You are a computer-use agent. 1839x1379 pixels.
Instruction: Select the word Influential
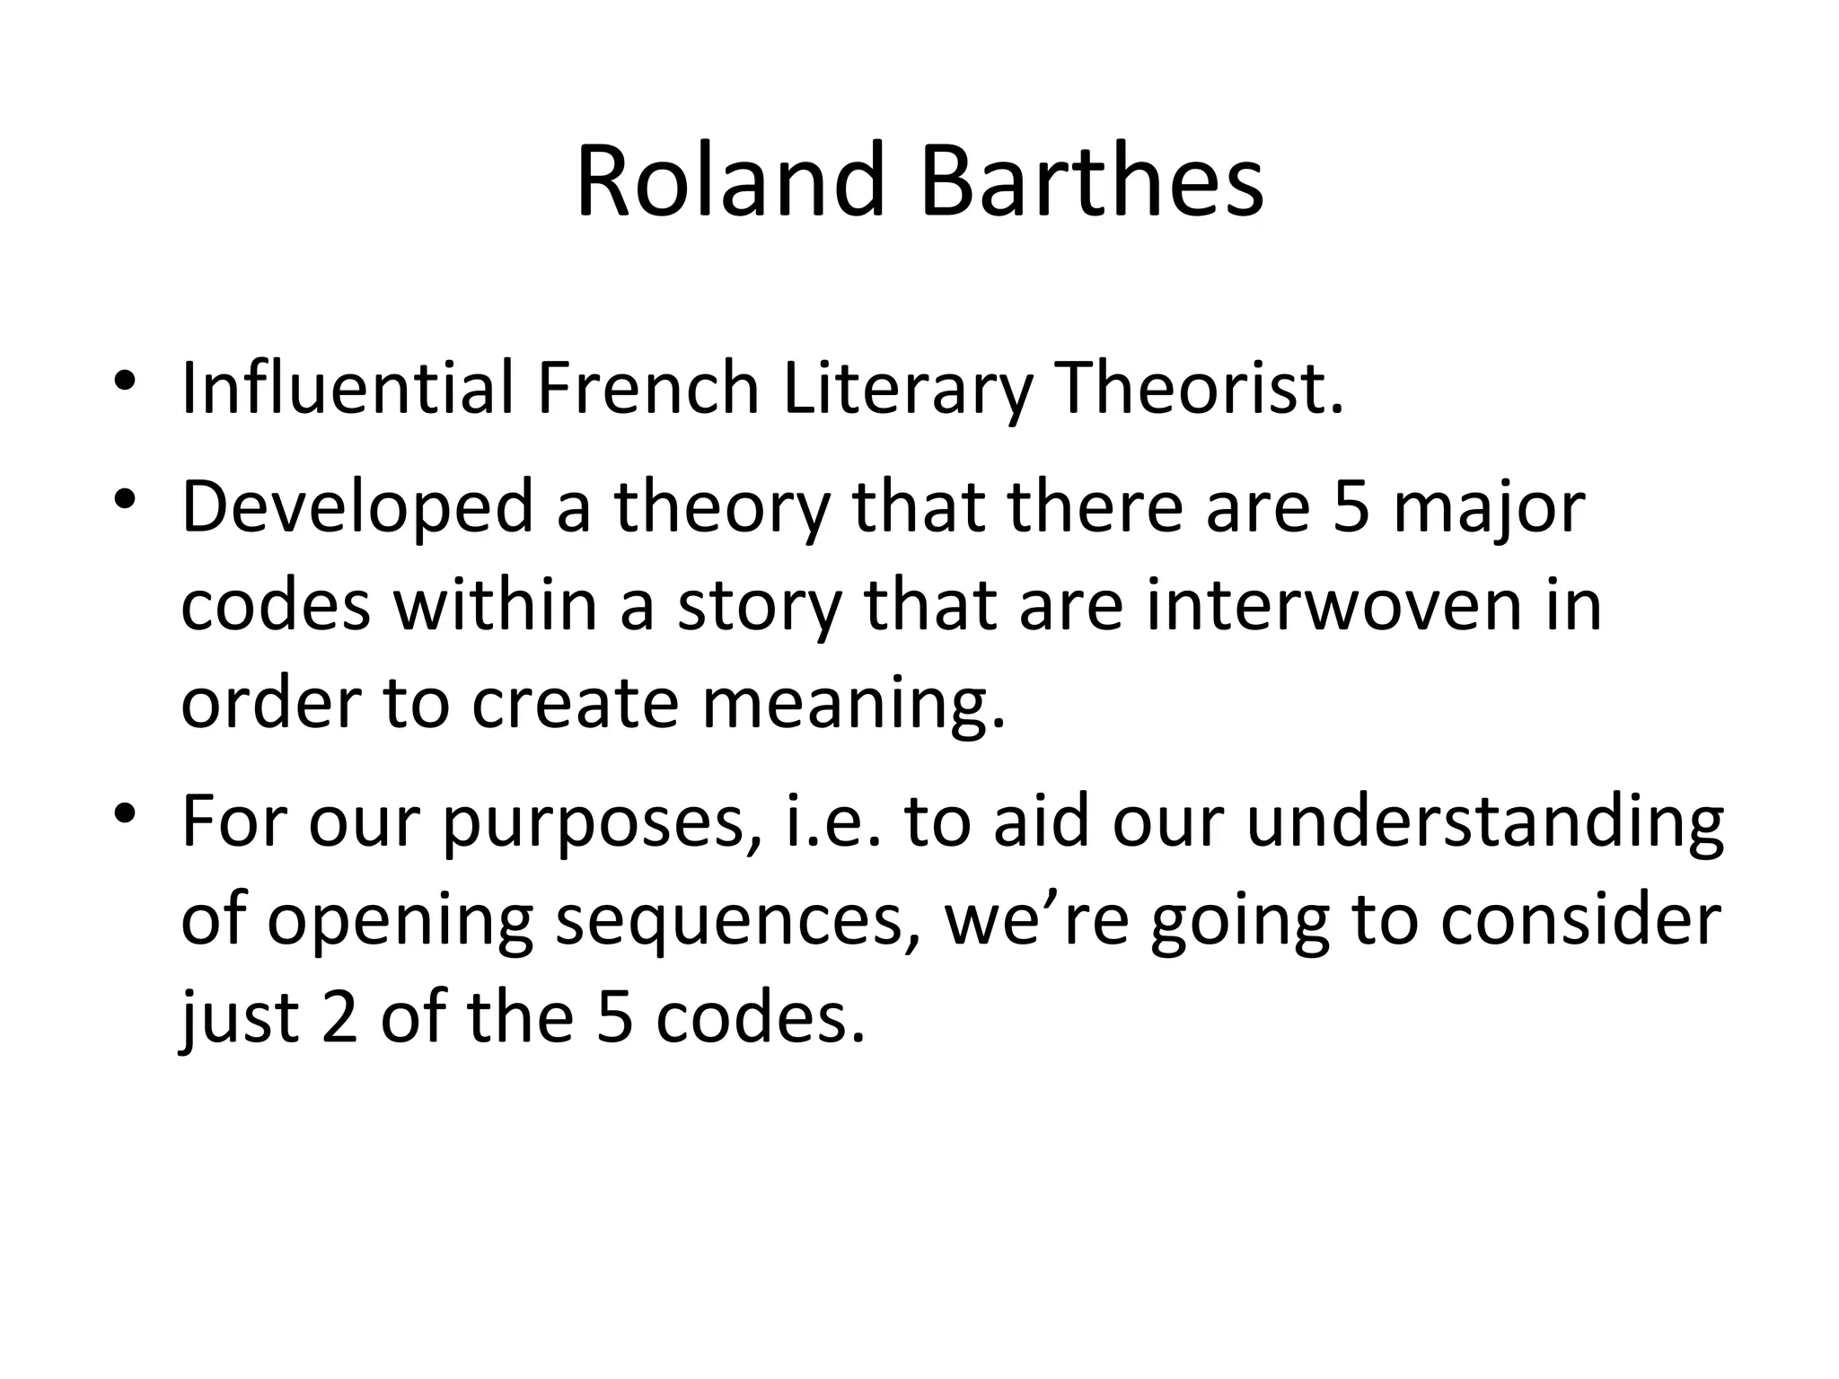click(x=348, y=388)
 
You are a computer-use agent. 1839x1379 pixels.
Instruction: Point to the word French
click(x=648, y=388)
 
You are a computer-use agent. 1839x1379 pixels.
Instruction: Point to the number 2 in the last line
click(x=339, y=1018)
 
